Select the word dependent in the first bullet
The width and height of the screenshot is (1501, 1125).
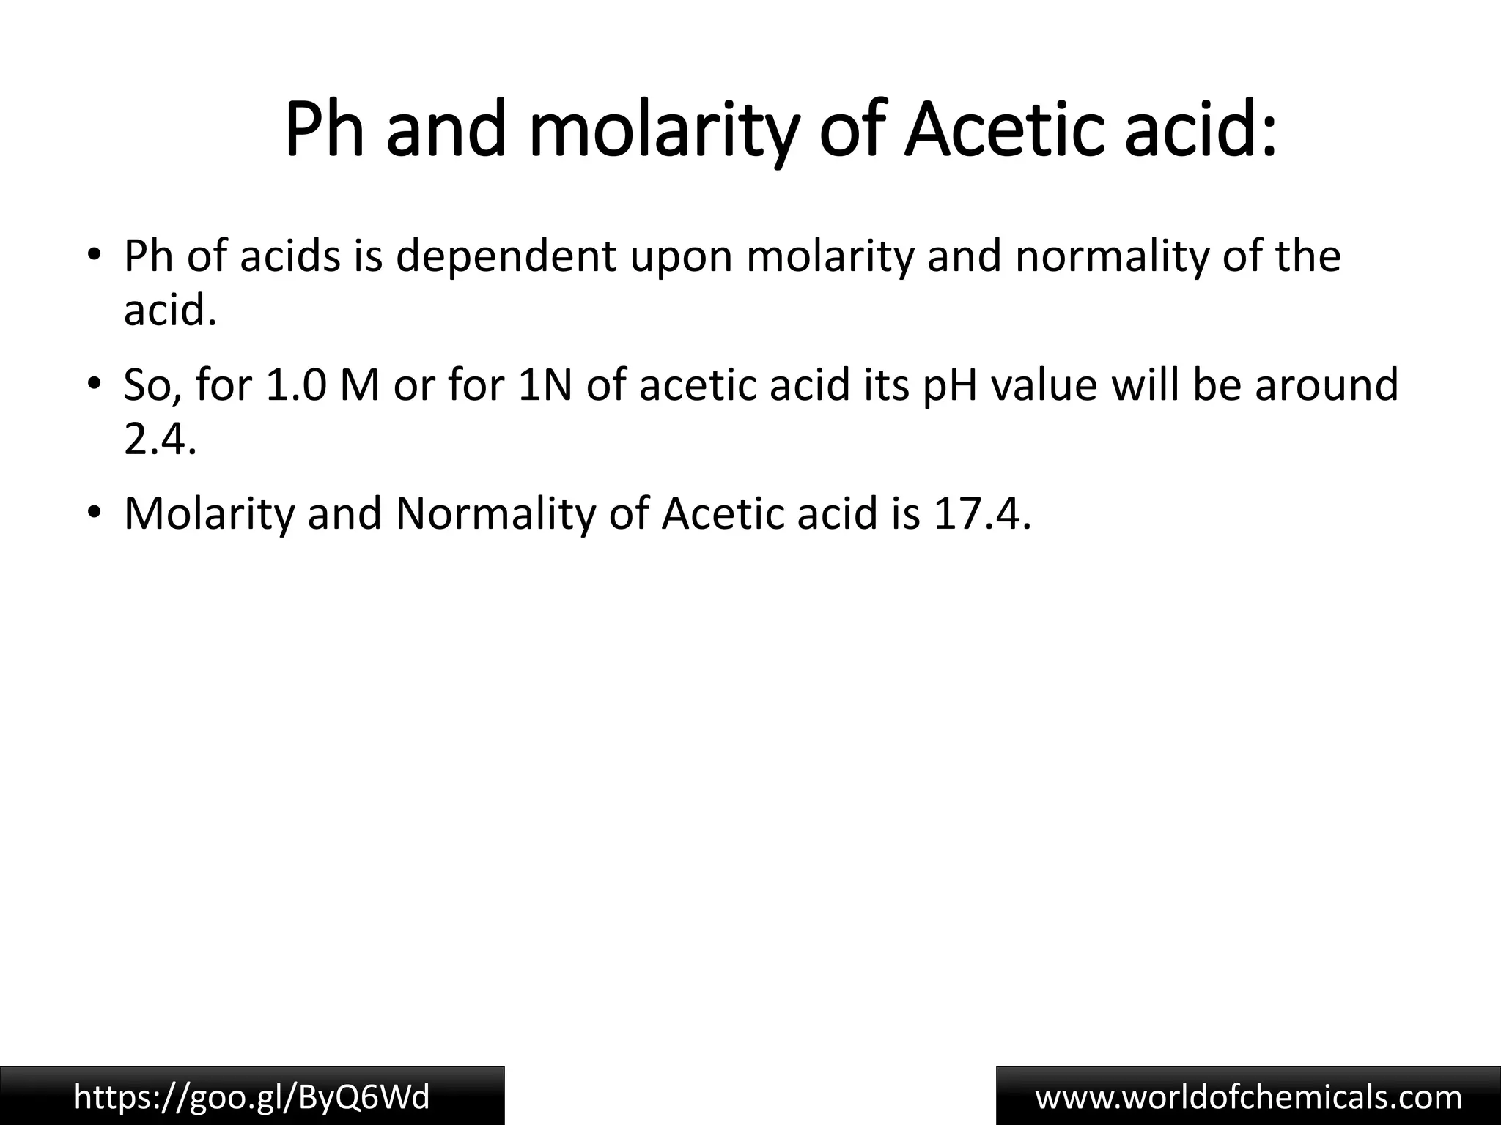(506, 257)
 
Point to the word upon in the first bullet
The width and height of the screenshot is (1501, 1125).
(682, 257)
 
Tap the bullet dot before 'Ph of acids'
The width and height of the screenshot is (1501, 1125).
(93, 254)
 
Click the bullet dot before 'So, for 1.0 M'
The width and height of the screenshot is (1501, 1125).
(93, 383)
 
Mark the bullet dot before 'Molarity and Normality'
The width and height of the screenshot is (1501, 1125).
(93, 512)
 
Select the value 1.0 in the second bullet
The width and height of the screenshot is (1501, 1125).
(296, 385)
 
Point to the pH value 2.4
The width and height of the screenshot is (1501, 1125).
(160, 441)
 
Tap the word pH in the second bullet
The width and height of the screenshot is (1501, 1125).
(950, 385)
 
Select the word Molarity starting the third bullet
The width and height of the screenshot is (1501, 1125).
(208, 514)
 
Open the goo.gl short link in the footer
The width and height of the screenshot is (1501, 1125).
(252, 1097)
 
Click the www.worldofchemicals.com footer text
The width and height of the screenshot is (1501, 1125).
(1248, 1097)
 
